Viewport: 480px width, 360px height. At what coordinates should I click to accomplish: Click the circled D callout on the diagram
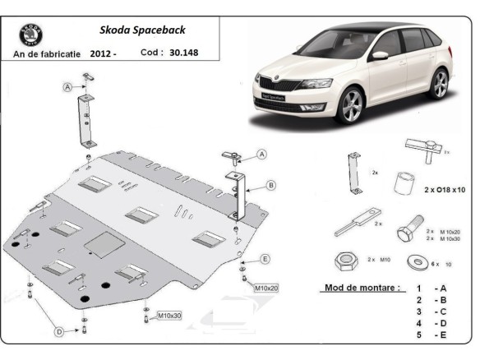click(x=59, y=331)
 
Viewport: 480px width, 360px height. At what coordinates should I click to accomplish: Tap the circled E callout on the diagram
click(x=265, y=259)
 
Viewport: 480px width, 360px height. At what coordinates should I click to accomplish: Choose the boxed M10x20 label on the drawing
click(x=265, y=288)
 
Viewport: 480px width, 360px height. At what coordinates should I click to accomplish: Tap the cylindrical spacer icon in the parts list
click(x=402, y=183)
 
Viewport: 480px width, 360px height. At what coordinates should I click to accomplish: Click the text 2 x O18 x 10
click(x=445, y=190)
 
